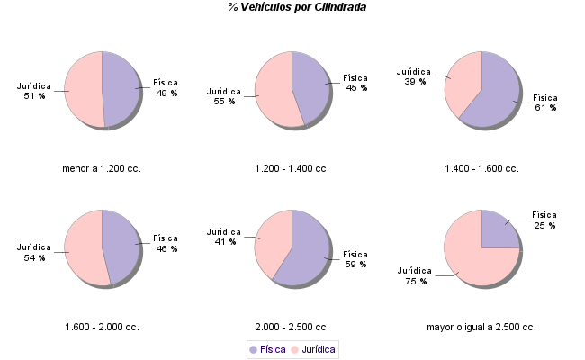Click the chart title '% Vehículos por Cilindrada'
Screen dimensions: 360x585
pos(297,7)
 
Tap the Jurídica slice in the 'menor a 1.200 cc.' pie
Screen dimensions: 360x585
pos(83,90)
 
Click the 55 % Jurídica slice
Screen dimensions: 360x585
pos(273,92)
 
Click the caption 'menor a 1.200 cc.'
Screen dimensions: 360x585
pos(102,168)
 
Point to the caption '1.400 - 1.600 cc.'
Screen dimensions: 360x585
pos(481,168)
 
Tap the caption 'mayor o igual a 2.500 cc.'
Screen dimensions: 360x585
pos(481,327)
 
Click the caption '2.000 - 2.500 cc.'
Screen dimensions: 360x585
pos(292,327)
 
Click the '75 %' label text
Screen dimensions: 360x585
pos(417,281)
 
